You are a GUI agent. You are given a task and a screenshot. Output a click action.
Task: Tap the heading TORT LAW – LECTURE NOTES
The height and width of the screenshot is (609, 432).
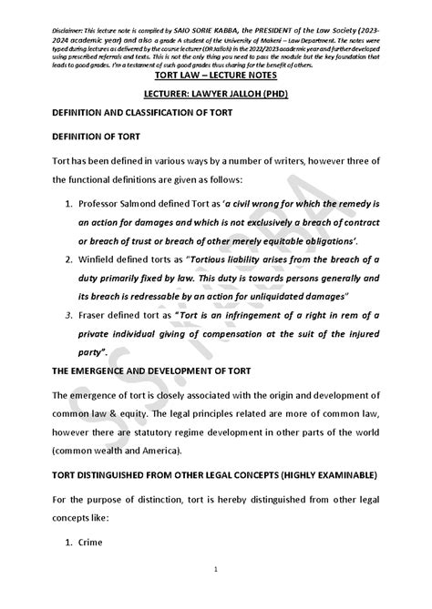tap(216, 76)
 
